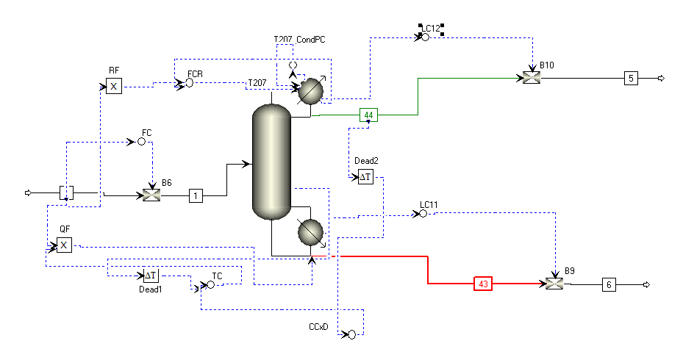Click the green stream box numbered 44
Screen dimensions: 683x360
click(x=368, y=115)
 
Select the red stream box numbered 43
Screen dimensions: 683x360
click(x=483, y=284)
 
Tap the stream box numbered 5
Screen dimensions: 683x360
click(x=631, y=79)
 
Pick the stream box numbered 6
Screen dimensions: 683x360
click(x=609, y=284)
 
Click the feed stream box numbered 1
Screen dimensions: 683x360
click(x=196, y=196)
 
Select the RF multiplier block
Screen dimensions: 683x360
click(x=114, y=86)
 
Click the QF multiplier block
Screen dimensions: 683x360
click(x=64, y=245)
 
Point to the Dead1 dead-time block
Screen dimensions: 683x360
click(x=151, y=276)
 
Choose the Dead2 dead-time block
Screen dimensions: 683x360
click(x=365, y=177)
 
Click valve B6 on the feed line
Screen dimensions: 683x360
click(x=151, y=195)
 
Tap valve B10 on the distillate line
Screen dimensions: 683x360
click(x=532, y=78)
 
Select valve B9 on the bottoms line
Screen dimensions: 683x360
click(x=554, y=284)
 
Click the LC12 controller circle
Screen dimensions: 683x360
click(x=426, y=37)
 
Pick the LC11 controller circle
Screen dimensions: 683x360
click(x=423, y=214)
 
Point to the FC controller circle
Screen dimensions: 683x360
click(x=142, y=142)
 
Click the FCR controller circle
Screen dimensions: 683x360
click(x=190, y=83)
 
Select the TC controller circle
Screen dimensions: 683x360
click(x=211, y=284)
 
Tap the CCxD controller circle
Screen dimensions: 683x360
click(x=352, y=334)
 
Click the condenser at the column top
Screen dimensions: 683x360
click(x=310, y=90)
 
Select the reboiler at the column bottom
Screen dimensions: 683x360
click(x=310, y=232)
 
